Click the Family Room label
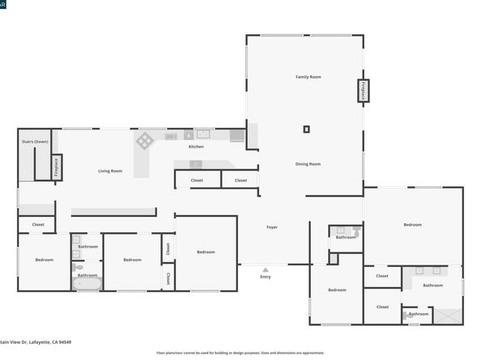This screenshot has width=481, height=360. point(308,76)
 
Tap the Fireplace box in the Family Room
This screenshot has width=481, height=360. point(363,91)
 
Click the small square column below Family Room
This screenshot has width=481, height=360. point(307,129)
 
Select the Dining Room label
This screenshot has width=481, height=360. point(308,164)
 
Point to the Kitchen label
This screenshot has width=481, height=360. point(196,146)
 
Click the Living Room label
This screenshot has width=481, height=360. point(110,171)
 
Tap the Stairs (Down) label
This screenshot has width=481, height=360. point(35,142)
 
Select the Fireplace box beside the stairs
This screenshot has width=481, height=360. point(56,167)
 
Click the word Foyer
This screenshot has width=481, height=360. point(272,227)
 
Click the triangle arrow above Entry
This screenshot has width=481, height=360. point(265,269)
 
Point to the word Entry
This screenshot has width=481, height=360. point(265,277)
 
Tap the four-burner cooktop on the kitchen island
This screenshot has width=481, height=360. point(144,142)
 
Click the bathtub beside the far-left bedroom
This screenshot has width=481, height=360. point(87,284)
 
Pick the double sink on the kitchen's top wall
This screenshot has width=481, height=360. point(201,134)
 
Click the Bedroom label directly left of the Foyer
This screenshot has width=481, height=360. point(206,252)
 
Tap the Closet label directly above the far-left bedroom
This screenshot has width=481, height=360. point(38,224)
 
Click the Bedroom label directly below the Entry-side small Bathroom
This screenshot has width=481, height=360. point(337,290)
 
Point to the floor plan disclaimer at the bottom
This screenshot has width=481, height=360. point(240,353)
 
